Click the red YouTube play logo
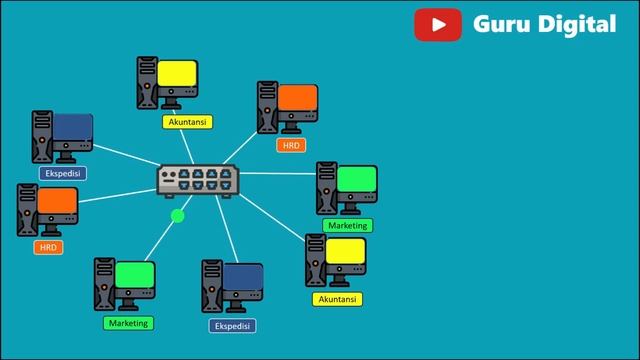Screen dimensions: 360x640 [438, 25]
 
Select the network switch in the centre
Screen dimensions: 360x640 [198, 181]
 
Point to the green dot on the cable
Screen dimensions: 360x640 [178, 216]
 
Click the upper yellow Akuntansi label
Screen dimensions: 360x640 [188, 122]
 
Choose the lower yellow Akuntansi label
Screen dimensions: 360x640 [338, 299]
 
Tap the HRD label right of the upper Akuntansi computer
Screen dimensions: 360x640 [291, 145]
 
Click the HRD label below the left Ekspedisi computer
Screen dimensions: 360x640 [48, 247]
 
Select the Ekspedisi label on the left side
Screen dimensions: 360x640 [62, 173]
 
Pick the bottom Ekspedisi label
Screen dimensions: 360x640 [233, 325]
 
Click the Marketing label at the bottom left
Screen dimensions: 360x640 [128, 323]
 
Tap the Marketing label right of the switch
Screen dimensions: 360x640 [348, 225]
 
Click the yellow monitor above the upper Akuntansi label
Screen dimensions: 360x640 [177, 73]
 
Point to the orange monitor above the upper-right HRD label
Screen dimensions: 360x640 [298, 97]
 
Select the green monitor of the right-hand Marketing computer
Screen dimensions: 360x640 [357, 179]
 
